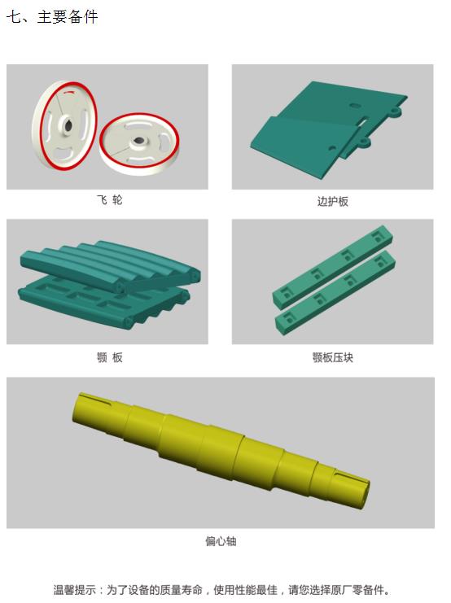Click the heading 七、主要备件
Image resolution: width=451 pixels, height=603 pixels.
coord(52,17)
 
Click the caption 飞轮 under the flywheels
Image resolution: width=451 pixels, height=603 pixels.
coord(108,200)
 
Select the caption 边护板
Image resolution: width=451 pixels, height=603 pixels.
coord(332,201)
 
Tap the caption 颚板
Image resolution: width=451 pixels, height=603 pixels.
coord(109,357)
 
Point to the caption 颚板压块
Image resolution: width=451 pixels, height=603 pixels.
coord(332,357)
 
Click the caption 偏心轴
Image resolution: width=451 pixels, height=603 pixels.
coord(221,540)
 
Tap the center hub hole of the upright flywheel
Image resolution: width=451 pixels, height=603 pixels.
coord(66,125)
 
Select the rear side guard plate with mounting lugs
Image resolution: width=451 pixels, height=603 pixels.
coord(342,106)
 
